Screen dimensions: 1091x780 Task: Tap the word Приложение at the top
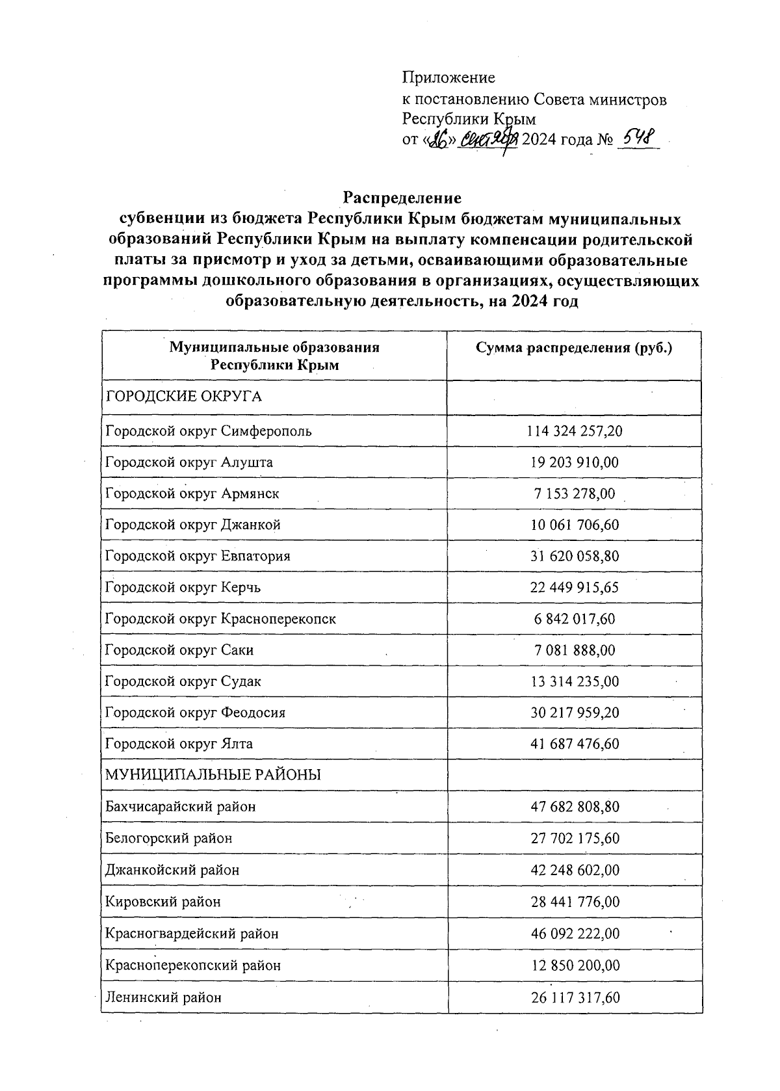click(x=448, y=78)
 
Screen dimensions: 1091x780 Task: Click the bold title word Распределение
click(x=402, y=197)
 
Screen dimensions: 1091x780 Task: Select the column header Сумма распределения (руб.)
click(x=573, y=348)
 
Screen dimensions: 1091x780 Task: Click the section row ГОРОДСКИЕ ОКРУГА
click(x=183, y=397)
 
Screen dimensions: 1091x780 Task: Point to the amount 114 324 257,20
click(x=575, y=430)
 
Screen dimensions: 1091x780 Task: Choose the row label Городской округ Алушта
click(x=189, y=462)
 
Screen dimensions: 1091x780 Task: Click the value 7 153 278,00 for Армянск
click(x=575, y=493)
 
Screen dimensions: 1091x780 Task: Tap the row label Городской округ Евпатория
click(x=198, y=556)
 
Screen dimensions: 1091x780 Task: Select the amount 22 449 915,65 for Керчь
click(x=575, y=587)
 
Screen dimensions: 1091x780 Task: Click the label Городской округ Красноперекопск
click(x=220, y=618)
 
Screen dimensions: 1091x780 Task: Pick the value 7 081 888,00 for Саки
click(x=575, y=650)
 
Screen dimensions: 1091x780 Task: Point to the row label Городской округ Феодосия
click(x=195, y=712)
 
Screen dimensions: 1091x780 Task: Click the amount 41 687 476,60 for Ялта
click(x=575, y=743)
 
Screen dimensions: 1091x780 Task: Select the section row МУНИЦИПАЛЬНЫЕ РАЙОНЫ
click(x=213, y=774)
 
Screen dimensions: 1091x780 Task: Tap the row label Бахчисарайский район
click(x=181, y=806)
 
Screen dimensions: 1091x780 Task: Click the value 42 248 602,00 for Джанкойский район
click(x=575, y=869)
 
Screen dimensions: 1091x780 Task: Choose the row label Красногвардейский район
click(x=192, y=933)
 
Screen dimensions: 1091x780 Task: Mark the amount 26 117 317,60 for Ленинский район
click(x=575, y=997)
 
